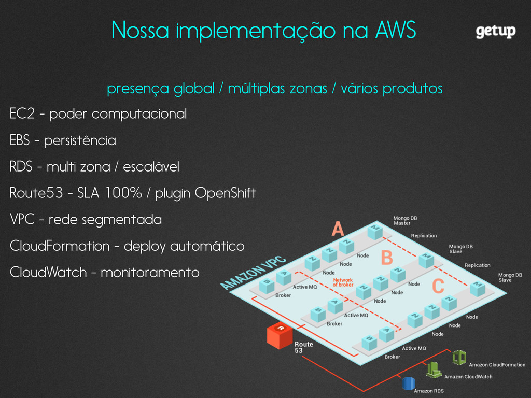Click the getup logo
point(496,32)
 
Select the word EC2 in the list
point(22,113)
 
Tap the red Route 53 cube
point(280,336)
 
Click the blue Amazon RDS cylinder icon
point(408,383)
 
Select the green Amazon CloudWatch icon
point(434,369)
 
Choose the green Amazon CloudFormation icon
point(458,357)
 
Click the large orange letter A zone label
point(338,229)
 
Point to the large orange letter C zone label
point(438,286)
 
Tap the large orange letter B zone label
point(386,257)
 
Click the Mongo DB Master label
point(405,221)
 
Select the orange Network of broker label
point(342,282)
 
